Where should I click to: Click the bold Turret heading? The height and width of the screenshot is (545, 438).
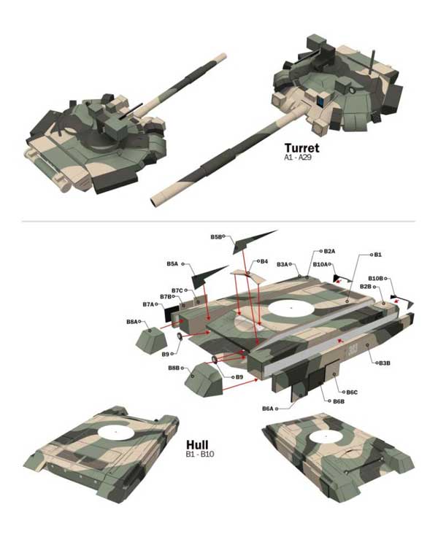click(301, 147)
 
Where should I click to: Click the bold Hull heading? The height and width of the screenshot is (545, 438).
click(197, 444)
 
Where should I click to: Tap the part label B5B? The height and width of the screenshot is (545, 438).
click(215, 237)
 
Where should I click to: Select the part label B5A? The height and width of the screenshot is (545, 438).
click(172, 264)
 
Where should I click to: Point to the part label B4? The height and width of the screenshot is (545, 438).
click(264, 261)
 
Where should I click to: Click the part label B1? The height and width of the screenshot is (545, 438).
click(378, 255)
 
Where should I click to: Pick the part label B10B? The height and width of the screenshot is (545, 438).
click(375, 279)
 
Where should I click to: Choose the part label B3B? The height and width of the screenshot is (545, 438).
click(384, 363)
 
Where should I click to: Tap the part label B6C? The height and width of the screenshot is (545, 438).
click(352, 392)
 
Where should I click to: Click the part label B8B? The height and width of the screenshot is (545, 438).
click(174, 368)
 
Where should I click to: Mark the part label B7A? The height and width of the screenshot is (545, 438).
click(148, 304)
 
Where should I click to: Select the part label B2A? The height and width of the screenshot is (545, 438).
click(329, 251)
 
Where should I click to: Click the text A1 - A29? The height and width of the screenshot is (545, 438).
click(297, 158)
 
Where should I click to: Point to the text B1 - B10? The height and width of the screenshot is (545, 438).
click(200, 454)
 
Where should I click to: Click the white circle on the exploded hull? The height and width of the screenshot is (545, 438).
click(291, 308)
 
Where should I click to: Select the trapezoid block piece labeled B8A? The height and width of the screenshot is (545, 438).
click(152, 340)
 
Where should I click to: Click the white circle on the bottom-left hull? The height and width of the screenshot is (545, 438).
click(116, 432)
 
